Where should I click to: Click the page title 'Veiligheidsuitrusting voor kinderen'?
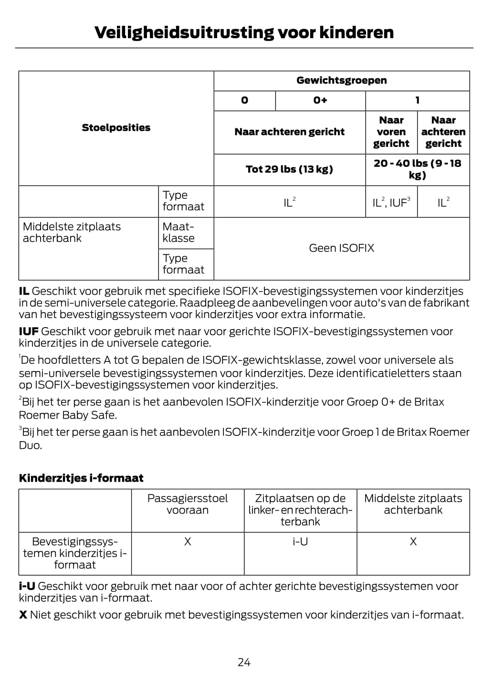(x=244, y=32)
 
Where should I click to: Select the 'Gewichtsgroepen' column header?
(x=341, y=80)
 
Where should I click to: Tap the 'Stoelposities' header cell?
(x=116, y=127)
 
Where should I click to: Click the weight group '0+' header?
(x=320, y=100)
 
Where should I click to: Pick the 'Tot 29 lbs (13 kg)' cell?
(x=289, y=169)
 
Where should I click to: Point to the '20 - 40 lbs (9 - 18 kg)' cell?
(x=417, y=169)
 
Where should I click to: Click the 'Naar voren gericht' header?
(x=391, y=132)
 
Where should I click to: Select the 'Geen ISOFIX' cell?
(x=341, y=248)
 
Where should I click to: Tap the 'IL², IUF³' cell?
(x=391, y=203)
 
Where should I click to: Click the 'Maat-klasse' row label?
(x=178, y=232)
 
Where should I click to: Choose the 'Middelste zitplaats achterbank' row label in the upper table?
(x=72, y=232)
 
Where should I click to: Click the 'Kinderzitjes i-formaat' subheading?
(x=81, y=478)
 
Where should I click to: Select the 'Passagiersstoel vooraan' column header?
(x=188, y=504)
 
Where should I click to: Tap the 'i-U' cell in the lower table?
(x=300, y=542)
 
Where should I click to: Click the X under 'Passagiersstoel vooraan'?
(x=188, y=542)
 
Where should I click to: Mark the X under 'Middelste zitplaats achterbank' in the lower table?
(x=413, y=542)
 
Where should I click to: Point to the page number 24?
(x=244, y=662)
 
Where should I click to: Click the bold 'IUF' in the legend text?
(x=29, y=331)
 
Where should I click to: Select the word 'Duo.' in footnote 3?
(x=31, y=445)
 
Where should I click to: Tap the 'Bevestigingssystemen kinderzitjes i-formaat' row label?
(x=75, y=553)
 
